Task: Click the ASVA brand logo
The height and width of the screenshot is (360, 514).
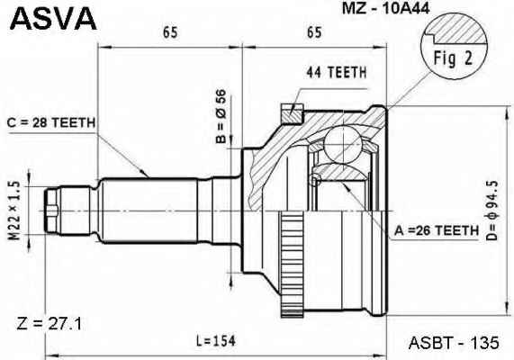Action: (x=53, y=19)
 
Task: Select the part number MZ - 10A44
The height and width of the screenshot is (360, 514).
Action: (x=385, y=8)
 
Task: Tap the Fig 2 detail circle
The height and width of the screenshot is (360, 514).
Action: (x=454, y=46)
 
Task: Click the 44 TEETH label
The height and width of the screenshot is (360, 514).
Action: (x=337, y=73)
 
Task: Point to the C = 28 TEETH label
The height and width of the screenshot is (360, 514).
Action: (x=51, y=123)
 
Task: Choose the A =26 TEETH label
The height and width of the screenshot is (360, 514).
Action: (x=437, y=230)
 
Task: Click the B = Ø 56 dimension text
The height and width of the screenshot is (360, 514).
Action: (x=221, y=116)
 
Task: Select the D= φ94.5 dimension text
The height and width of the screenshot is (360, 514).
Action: (x=492, y=211)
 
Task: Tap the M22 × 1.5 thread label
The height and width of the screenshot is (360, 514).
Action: (x=14, y=211)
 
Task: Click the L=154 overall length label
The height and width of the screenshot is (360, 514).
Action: (x=216, y=341)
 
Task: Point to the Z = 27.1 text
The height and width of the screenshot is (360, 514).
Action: (x=50, y=324)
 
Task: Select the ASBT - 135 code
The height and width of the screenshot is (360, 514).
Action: (x=454, y=343)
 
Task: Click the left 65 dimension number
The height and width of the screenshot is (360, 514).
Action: (x=170, y=32)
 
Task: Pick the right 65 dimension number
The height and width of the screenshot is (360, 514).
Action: (x=314, y=32)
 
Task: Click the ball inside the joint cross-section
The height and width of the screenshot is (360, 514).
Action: (x=343, y=145)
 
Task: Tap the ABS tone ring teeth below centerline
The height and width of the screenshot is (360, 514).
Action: (x=292, y=265)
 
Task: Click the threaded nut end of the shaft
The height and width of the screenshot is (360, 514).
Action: (x=51, y=211)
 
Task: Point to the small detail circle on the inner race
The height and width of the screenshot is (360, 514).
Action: (x=315, y=181)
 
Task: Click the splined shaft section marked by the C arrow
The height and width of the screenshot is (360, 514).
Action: (x=149, y=211)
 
